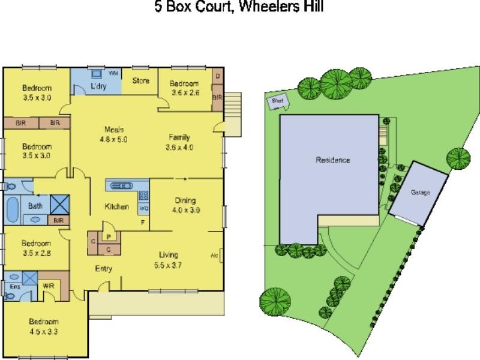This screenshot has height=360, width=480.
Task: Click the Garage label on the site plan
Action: coord(419,193)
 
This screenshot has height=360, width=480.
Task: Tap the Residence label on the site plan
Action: coord(333,160)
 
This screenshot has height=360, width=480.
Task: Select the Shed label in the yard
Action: coord(277,101)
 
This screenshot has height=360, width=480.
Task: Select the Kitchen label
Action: coord(117,207)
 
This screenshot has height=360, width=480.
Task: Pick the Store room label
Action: coord(140,80)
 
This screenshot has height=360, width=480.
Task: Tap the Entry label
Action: coord(104,269)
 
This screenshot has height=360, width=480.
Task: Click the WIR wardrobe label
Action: coord(49,286)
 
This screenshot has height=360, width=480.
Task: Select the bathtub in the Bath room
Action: coord(13,209)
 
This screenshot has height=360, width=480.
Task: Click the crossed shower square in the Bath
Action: coord(59,204)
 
